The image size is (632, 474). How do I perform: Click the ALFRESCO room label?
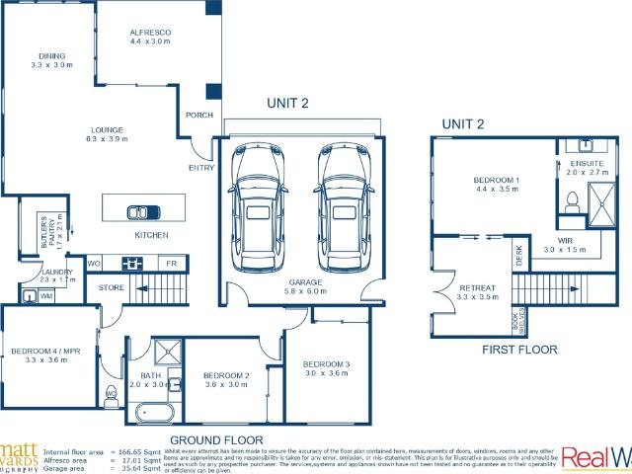point(151,34)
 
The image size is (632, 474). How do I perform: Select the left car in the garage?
point(257,207)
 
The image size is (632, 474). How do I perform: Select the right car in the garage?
point(343,207)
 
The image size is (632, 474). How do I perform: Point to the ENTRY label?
point(201,168)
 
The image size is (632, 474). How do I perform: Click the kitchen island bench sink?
point(143,210)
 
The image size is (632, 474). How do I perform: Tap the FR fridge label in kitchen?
point(170,264)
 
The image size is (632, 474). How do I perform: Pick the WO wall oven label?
point(96,264)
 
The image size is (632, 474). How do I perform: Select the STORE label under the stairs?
point(112,287)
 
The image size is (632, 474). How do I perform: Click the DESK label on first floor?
point(519,256)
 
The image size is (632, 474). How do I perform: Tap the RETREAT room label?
point(477,287)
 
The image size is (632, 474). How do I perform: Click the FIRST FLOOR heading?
point(519,350)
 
